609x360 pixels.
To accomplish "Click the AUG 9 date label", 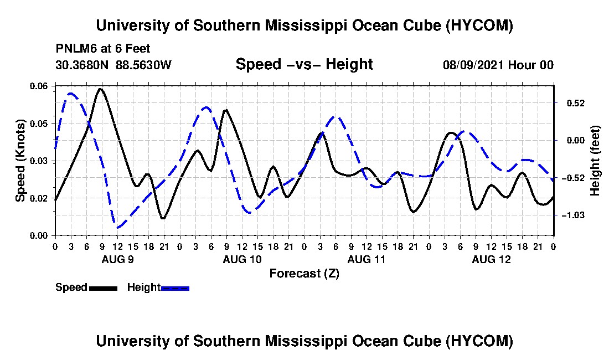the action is coord(118,259).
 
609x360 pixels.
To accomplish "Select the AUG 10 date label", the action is coord(242,259).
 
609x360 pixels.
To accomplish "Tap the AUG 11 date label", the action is coord(367,259).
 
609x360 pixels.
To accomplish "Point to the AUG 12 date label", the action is coord(491,259).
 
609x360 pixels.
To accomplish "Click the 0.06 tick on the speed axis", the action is coord(38,86).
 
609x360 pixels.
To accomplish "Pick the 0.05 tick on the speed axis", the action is coord(38,124).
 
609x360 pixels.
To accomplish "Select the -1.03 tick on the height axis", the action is coord(573,215).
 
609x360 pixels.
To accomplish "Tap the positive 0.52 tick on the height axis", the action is coord(576,104).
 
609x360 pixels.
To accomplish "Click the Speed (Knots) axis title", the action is coord(20,161).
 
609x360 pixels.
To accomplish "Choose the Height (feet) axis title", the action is coord(595,161).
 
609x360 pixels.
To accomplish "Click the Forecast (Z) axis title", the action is coord(304,274).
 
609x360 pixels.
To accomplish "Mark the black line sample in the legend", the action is coord(103,288).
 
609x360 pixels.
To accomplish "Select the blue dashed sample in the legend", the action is coord(175,288).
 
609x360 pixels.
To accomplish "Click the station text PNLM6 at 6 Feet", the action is coord(103,49).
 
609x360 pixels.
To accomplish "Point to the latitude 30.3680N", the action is coord(82,65).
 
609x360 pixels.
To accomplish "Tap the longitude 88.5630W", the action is coord(143,65).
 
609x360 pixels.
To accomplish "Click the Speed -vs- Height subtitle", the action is coord(304,64).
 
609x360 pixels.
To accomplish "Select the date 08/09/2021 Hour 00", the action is coord(498,65).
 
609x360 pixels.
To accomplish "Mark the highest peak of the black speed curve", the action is coord(101,89).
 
